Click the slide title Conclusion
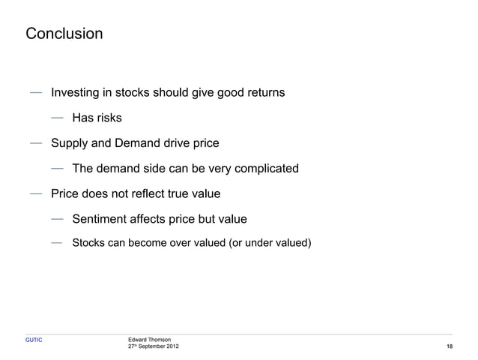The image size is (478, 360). click(64, 34)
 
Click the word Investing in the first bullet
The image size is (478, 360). click(75, 93)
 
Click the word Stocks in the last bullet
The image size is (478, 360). click(88, 244)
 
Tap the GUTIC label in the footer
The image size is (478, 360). click(34, 340)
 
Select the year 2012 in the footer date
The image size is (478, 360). click(172, 346)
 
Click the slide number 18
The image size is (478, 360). click(450, 346)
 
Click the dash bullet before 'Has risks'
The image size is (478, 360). click(58, 118)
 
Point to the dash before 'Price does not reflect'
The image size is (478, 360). click(36, 193)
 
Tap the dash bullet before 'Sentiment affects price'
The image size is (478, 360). click(58, 218)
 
